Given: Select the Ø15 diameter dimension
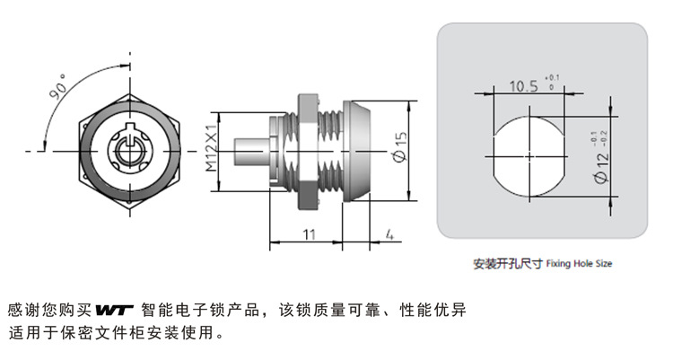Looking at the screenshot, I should coord(399,152).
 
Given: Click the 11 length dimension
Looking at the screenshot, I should coord(308,233).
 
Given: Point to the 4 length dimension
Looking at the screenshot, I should coord(389,234).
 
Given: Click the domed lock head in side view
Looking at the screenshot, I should coord(363,152).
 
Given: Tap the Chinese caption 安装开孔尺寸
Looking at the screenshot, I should coord(508,266).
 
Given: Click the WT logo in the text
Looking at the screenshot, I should coord(114,311).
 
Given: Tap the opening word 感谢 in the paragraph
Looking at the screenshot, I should coord(20,311).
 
